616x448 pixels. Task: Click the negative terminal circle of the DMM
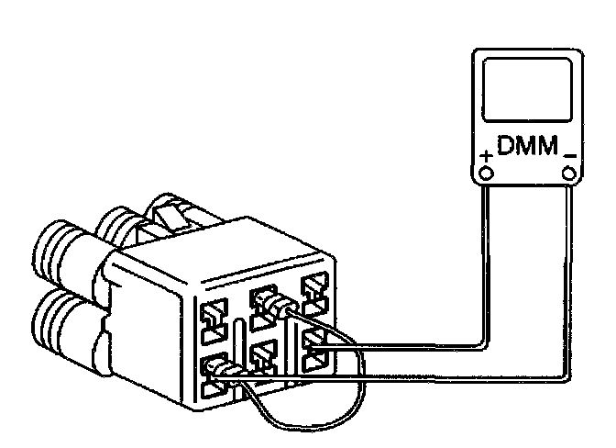[x=569, y=173]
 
